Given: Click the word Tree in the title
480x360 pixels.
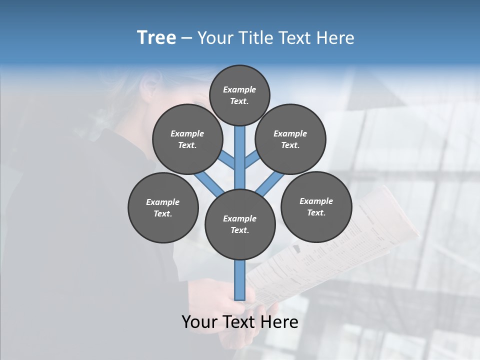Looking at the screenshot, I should tap(156, 38).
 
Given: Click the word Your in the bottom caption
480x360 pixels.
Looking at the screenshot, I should tap(200, 322).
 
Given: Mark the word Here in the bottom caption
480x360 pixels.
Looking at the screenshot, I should tap(279, 322).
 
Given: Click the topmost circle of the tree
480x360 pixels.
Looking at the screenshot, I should tap(239, 95).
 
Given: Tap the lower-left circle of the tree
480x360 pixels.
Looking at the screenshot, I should tap(163, 207).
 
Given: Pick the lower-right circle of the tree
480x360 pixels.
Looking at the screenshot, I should tap(316, 206).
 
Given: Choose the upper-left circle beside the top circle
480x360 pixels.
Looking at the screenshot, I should tap(187, 139).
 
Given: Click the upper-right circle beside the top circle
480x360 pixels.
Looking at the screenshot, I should tap(290, 139).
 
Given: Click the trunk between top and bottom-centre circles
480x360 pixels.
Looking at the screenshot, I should tap(240, 160).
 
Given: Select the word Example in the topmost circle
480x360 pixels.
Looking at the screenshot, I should tap(239, 89).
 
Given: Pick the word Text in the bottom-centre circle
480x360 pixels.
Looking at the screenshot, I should tap(239, 230).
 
